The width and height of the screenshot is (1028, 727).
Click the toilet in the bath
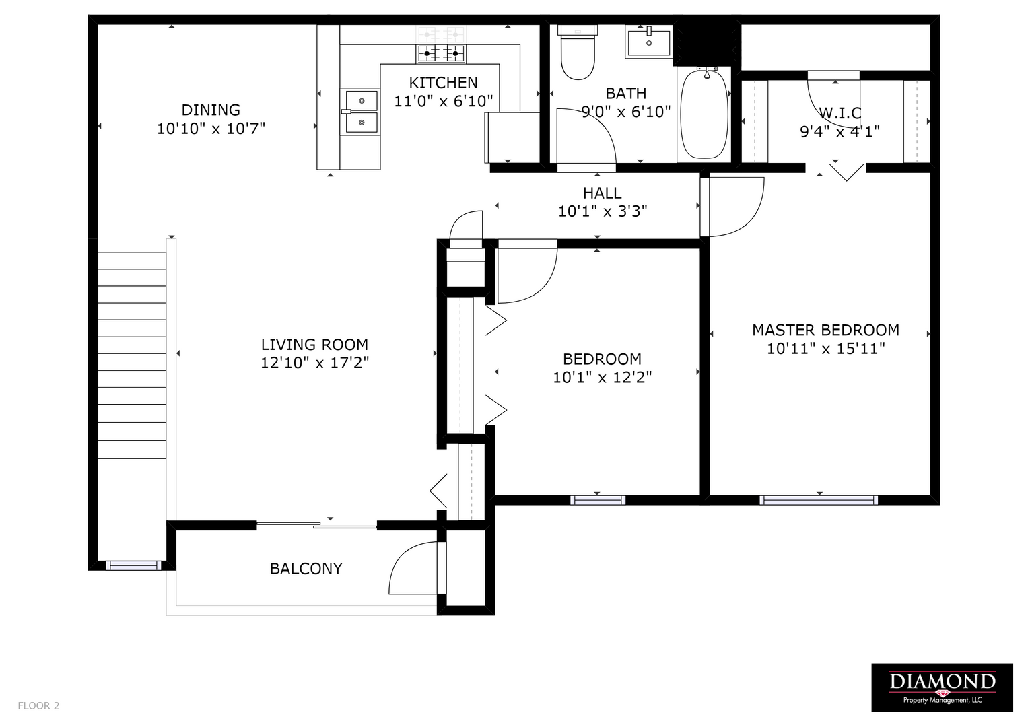(578, 53)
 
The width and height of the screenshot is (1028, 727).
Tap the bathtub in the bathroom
(704, 113)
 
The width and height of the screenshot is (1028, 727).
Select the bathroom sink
(648, 41)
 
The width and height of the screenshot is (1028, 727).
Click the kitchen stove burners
(441, 54)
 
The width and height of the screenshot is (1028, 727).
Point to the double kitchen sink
(360, 112)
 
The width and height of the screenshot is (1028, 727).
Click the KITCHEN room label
(444, 83)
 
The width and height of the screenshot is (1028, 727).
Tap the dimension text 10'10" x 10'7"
(211, 129)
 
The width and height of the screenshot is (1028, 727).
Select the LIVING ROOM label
(314, 344)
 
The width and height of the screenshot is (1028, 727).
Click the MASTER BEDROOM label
(825, 330)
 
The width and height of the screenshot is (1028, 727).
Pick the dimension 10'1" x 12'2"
(602, 377)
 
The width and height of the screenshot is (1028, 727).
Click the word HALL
(602, 193)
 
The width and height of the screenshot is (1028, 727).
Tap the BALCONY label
(306, 569)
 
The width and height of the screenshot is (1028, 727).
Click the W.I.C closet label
(840, 113)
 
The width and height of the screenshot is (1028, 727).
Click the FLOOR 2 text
(38, 705)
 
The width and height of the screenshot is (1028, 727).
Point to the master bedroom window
(819, 500)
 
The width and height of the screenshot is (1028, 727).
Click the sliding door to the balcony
(316, 525)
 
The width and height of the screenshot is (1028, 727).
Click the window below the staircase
(133, 565)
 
